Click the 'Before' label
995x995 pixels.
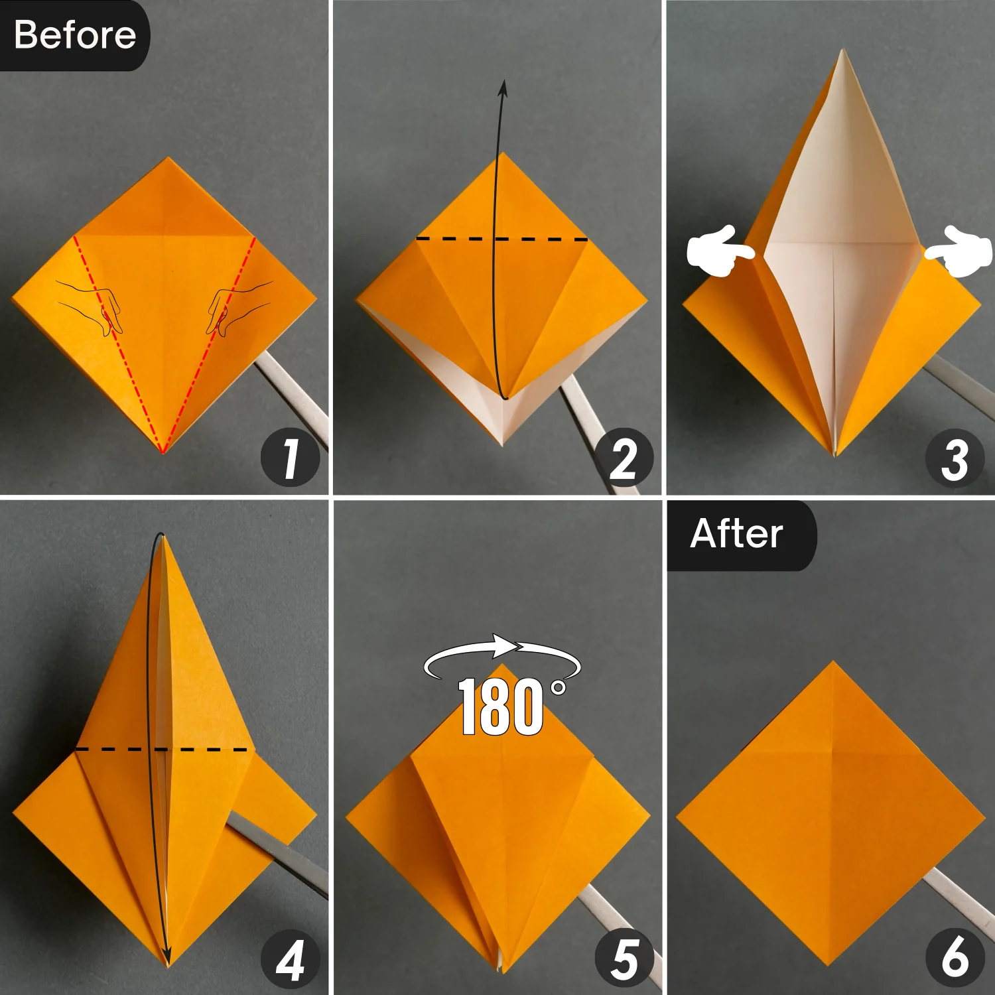click(x=74, y=34)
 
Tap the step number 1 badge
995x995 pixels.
click(x=290, y=458)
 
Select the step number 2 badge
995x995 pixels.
click(x=624, y=458)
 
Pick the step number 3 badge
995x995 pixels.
click(x=955, y=458)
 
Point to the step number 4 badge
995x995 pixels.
click(x=290, y=959)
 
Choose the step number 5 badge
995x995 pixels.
click(x=624, y=959)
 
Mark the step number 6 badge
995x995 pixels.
click(x=955, y=957)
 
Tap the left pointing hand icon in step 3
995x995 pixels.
click(x=719, y=251)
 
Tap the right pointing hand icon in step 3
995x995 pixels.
click(x=959, y=251)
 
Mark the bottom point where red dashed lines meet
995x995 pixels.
click(x=163, y=452)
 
